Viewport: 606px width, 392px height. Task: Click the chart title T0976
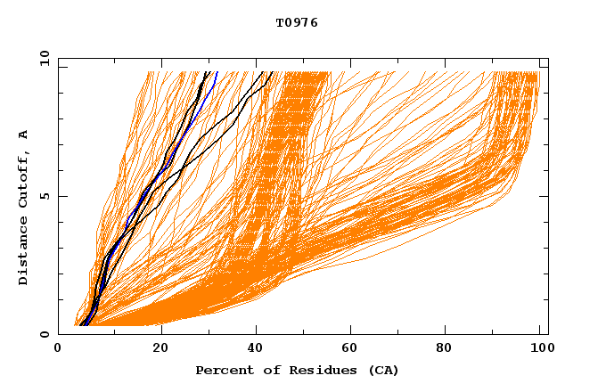click(297, 22)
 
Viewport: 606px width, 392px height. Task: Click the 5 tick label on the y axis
click(44, 196)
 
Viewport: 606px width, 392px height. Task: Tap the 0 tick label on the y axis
click(44, 334)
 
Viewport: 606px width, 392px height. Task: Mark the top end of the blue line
click(217, 72)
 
